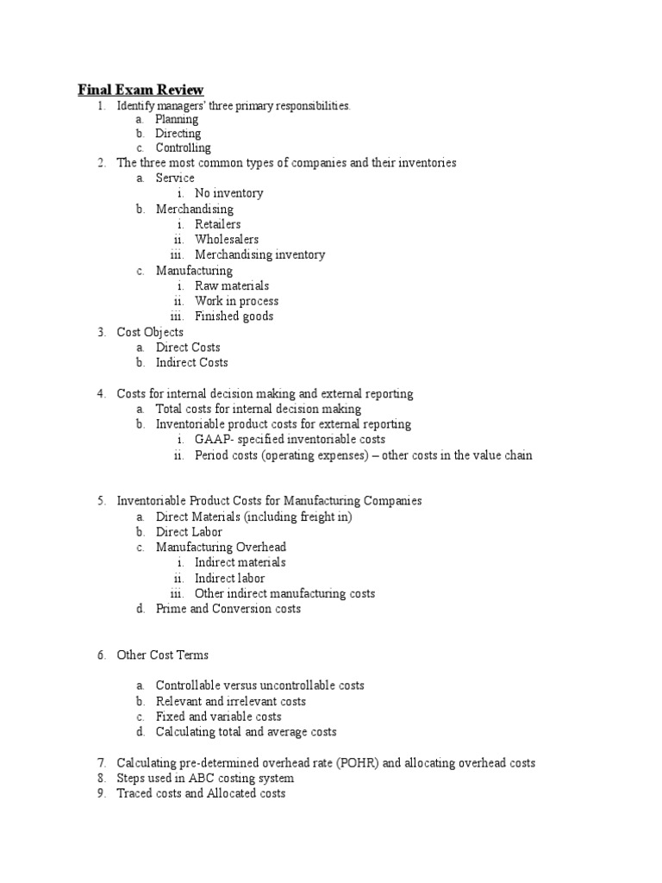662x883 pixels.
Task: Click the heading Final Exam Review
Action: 141,90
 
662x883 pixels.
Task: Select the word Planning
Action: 177,119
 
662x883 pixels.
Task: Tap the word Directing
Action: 178,134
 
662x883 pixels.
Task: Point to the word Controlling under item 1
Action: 183,148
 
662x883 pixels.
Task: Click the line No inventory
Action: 228,193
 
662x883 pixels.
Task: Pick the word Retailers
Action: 217,224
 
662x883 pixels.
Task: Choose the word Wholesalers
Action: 226,240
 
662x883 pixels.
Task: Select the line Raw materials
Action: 231,285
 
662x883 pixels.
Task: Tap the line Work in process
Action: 236,301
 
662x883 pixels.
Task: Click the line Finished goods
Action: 234,316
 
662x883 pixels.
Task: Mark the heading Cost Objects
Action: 150,332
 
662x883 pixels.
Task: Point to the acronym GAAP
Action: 209,440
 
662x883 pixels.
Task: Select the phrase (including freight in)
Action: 299,517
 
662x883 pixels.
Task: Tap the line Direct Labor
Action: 189,532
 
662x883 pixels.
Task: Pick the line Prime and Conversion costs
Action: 228,609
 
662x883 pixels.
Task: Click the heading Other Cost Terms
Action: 162,655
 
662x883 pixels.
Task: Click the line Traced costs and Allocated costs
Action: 201,793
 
